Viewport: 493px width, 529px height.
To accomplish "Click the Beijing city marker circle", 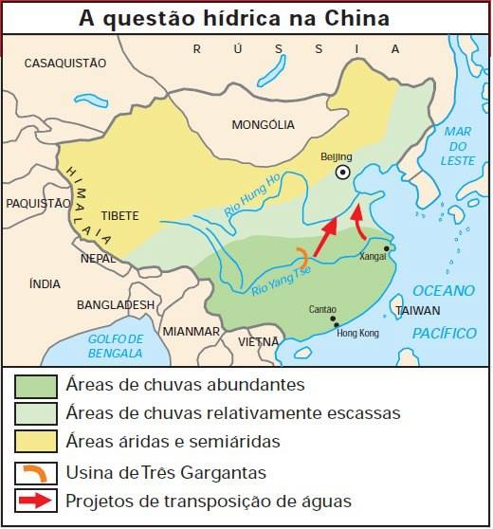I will coord(343,173).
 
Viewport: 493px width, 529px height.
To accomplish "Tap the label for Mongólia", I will coord(263,124).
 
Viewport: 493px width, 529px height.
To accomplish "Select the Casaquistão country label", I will coord(64,63).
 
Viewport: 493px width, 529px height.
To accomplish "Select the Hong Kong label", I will coord(357,334).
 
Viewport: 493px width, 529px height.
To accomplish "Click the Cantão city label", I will coord(323,309).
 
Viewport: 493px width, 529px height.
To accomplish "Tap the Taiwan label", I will coord(418,310).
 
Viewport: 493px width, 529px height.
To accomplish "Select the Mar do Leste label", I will coord(457,146).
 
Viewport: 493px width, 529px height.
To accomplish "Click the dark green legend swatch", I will coord(34,386).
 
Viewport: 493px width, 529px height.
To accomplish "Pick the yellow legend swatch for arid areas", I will coord(34,442).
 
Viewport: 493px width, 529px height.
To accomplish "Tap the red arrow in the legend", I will coord(34,500).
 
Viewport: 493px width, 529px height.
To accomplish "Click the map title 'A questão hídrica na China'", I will coord(246,18).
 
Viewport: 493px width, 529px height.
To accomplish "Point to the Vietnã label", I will coord(259,341).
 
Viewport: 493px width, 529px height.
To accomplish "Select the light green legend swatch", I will coord(34,414).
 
